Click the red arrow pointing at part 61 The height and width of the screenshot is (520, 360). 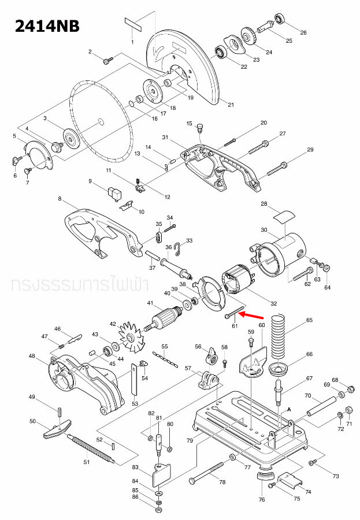coord(252,316)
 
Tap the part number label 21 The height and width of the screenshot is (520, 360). coord(231,105)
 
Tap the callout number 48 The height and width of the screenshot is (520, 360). coord(32,356)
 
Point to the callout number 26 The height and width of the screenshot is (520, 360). coord(303,32)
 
